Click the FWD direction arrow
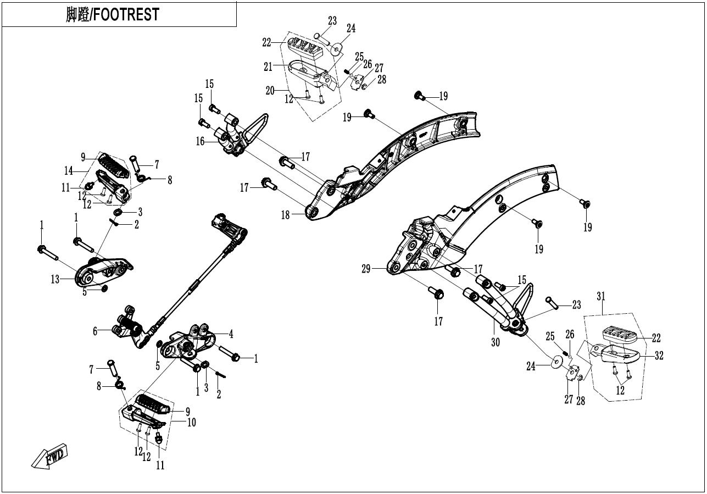[49, 457]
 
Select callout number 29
[366, 269]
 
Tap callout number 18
[285, 215]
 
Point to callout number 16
[200, 141]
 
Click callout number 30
[496, 342]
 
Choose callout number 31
[601, 296]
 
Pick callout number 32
[659, 356]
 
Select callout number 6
[95, 331]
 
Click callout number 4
[231, 334]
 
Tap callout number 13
[55, 279]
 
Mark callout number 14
[69, 171]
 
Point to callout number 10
[192, 423]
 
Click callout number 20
[270, 91]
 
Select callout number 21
[268, 66]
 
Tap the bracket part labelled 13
[103, 270]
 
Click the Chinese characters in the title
[77, 14]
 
